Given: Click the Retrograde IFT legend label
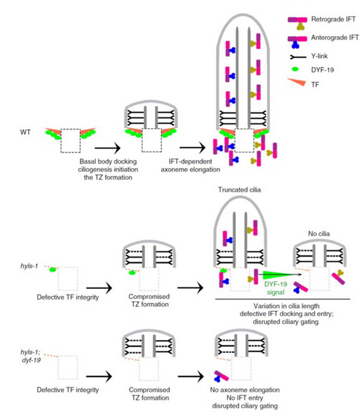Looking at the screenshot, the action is coord(333,19).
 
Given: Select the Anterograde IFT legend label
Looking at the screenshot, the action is coord(335,37).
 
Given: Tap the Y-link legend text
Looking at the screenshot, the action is coord(319,56).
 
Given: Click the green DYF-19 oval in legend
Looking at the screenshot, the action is coord(296,69).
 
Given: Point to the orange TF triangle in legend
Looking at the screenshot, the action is coord(298,81).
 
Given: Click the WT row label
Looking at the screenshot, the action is coord(25,132).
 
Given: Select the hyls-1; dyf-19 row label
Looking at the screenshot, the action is coord(31,356).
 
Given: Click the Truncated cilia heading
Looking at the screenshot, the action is coord(240,189).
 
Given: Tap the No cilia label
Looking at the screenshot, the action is coord(319,233).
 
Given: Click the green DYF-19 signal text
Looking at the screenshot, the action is coord(276,288).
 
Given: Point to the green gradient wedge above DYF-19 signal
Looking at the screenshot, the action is coord(277,275).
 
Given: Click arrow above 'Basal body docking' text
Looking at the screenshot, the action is coord(107,148).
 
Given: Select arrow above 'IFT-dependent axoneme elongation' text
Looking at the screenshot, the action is coord(192,148).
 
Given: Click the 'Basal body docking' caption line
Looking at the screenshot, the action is coord(108,161).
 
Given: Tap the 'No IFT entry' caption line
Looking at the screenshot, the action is coord(245,398).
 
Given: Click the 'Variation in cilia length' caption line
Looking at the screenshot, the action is coord(287,306).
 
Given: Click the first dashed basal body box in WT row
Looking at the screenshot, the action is coord(71,140).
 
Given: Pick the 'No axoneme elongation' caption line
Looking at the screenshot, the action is coord(245,390).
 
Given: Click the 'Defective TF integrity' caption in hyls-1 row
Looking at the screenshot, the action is coord(68,297).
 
